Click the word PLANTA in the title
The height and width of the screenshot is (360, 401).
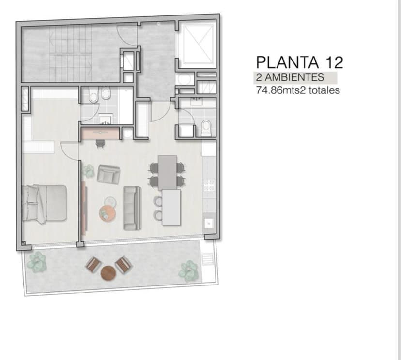click(x=288, y=62)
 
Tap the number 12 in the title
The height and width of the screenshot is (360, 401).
click(x=334, y=62)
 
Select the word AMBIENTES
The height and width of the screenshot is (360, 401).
click(x=294, y=77)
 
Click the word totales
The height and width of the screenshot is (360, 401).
click(x=324, y=90)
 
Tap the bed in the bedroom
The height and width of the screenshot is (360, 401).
click(x=44, y=203)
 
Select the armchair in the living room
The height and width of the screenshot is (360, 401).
click(x=108, y=174)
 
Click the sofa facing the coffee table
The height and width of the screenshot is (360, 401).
click(x=132, y=208)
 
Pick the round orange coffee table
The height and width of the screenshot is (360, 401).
click(x=108, y=213)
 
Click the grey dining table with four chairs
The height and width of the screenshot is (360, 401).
click(x=167, y=172)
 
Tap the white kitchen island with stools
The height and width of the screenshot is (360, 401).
click(x=171, y=207)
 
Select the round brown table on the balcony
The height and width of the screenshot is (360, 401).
click(x=108, y=272)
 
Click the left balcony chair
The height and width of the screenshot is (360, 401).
click(x=93, y=264)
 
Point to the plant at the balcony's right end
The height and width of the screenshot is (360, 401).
click(x=189, y=271)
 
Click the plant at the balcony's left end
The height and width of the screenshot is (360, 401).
click(x=37, y=262)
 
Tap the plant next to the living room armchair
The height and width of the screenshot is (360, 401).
click(x=89, y=171)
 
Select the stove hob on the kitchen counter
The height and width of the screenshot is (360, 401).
click(x=209, y=185)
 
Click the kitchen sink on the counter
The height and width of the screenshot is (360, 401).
click(x=209, y=223)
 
